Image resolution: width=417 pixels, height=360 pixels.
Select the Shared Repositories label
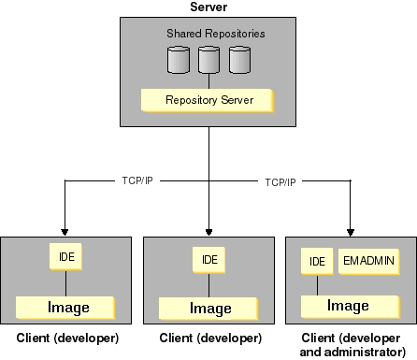(x=216, y=34)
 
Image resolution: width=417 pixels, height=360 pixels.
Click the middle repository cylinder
(x=208, y=60)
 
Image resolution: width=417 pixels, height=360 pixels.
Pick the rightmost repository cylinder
(x=240, y=60)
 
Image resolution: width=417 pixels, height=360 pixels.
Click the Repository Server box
(x=208, y=99)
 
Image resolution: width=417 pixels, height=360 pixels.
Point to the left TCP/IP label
(x=137, y=180)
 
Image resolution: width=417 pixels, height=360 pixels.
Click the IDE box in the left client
(x=64, y=255)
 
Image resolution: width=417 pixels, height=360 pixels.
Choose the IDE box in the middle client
(x=207, y=259)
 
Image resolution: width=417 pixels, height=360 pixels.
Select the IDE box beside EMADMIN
(x=317, y=261)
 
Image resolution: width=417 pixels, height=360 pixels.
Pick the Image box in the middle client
(x=209, y=308)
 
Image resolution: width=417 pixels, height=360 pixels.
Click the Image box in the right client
(x=347, y=306)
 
